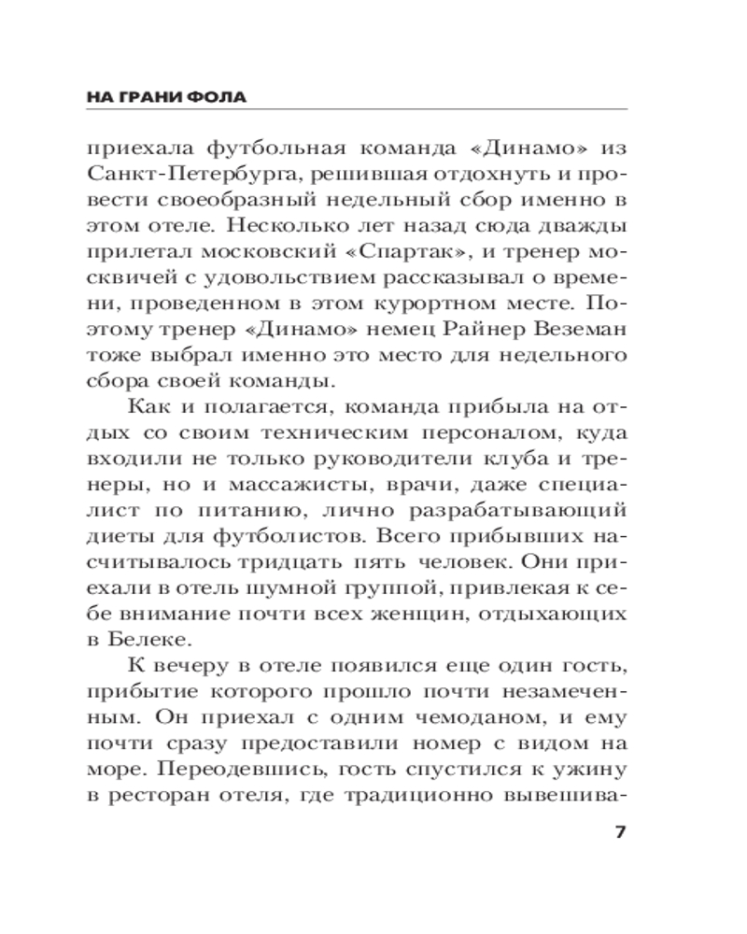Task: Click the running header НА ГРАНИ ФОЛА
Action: point(172,96)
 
